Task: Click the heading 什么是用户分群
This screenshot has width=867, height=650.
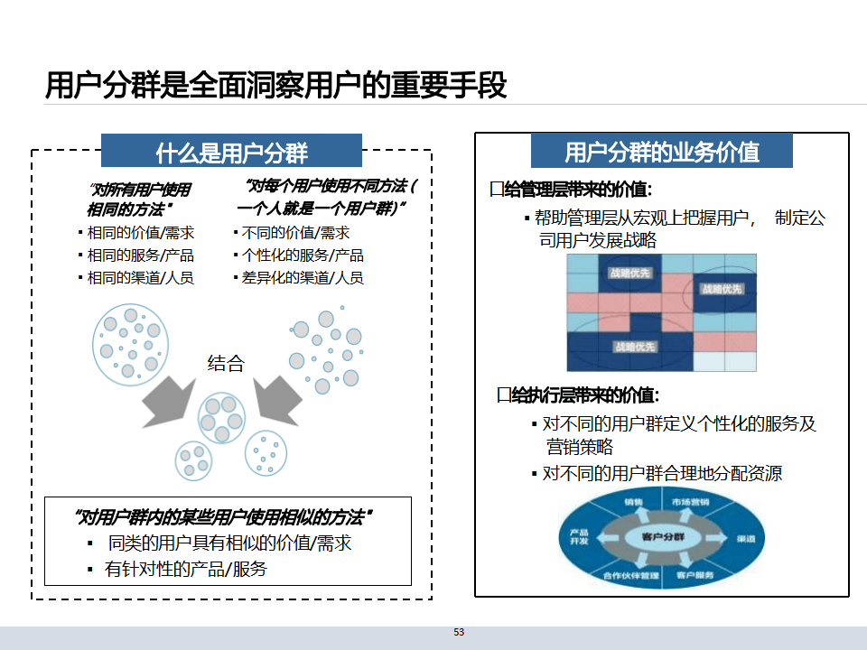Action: pos(231,152)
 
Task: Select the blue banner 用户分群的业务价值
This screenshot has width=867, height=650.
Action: pos(661,151)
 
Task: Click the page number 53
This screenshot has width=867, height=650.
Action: pos(459,632)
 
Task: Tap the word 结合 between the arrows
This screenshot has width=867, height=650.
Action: pos(226,363)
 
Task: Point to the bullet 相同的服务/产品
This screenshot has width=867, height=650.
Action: pos(140,255)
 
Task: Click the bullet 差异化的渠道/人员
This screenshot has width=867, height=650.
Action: pos(303,278)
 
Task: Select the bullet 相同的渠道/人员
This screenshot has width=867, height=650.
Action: pos(140,278)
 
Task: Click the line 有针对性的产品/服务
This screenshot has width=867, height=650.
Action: pos(185,569)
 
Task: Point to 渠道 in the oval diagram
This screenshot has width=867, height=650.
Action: pos(746,538)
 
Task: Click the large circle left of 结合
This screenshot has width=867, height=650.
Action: pos(129,342)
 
